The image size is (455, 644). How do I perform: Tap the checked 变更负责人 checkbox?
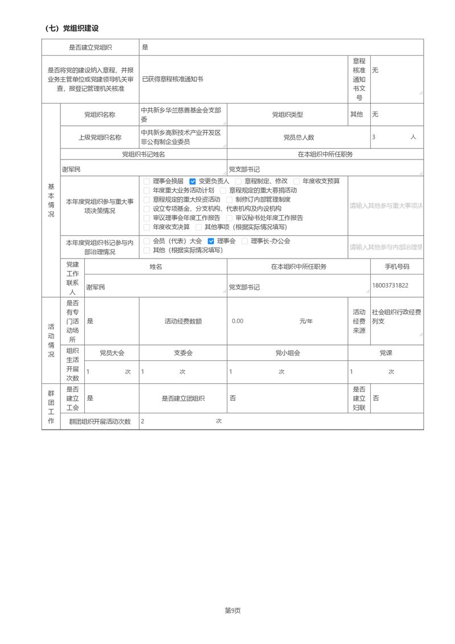click(193, 181)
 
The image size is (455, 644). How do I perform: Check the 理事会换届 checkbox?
click(147, 181)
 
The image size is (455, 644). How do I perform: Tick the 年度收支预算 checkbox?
click(297, 181)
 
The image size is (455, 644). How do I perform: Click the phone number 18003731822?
click(390, 285)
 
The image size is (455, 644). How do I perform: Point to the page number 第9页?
click(233, 610)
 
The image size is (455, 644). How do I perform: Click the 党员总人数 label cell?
click(299, 137)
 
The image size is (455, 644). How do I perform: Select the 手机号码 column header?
click(396, 266)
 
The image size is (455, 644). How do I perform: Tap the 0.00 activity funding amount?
click(238, 321)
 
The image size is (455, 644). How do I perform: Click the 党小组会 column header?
click(287, 353)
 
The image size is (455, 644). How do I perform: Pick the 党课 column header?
click(386, 353)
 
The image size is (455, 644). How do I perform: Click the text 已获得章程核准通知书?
click(172, 79)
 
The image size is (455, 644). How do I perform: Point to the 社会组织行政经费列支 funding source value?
click(396, 317)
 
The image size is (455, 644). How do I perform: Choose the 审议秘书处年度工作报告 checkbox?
click(230, 218)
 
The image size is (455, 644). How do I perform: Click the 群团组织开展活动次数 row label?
click(100, 422)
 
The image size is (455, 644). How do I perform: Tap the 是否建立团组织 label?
click(183, 399)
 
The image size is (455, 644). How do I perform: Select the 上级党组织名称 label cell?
click(100, 137)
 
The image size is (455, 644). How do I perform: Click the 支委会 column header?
click(183, 353)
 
